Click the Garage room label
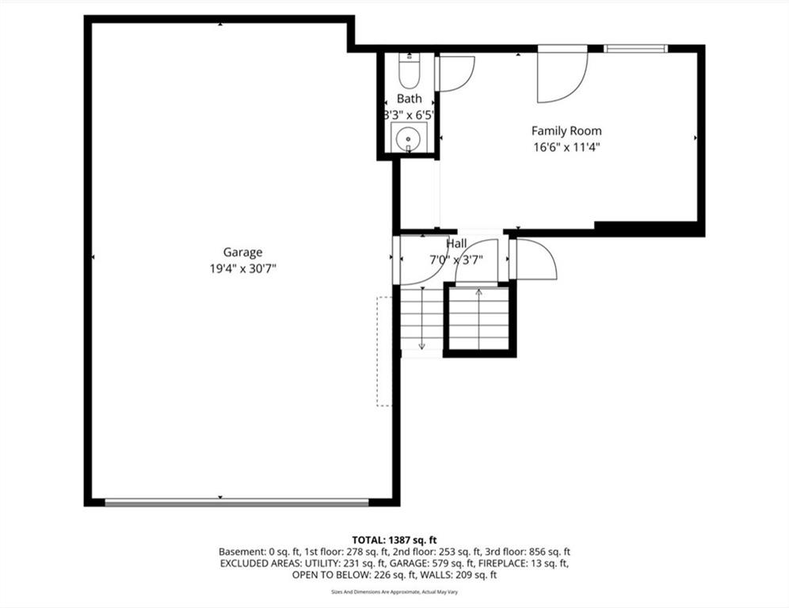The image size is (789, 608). click(242, 253)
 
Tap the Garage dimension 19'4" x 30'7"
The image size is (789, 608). click(243, 269)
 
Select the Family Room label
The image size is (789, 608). click(566, 131)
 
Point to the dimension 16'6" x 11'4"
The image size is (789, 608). click(567, 148)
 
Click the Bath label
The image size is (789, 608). click(409, 99)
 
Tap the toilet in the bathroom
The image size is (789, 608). click(409, 71)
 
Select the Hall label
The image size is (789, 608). click(456, 244)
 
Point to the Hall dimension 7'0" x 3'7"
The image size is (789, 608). click(455, 260)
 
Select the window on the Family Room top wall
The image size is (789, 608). click(635, 49)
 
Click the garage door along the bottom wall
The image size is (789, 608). click(237, 502)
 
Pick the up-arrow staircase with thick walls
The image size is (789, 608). click(479, 320)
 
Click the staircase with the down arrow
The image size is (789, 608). click(421, 319)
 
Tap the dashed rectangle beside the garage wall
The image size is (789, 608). click(384, 351)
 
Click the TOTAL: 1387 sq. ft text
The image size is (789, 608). click(394, 541)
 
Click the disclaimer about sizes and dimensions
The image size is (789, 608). click(394, 592)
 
